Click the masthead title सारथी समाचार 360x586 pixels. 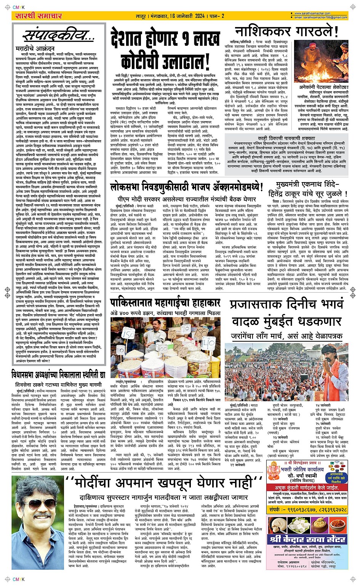click(38, 16)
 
